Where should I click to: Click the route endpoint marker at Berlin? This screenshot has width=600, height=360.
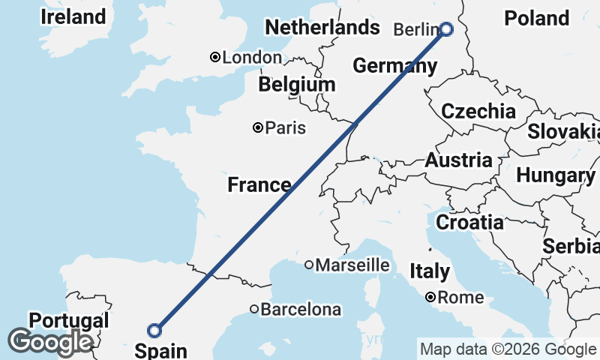(x=446, y=29)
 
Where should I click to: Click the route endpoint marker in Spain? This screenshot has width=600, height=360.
(x=154, y=330)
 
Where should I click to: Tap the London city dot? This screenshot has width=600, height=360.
(x=215, y=57)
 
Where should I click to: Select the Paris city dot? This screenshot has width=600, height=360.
(x=258, y=128)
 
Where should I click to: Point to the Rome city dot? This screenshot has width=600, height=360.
(x=430, y=298)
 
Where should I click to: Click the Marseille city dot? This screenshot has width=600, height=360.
(x=308, y=265)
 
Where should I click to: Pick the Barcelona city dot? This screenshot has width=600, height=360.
(x=254, y=309)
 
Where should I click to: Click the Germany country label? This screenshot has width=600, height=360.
(x=394, y=66)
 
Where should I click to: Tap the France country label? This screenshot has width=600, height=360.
(x=259, y=184)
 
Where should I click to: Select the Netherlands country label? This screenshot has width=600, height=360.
(x=322, y=28)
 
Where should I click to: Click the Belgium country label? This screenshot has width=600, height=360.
(x=296, y=85)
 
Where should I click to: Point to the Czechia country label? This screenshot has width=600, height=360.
(x=478, y=112)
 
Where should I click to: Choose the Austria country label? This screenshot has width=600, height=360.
(x=459, y=160)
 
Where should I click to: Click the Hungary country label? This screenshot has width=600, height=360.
(x=556, y=175)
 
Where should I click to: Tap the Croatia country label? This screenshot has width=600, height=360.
(x=469, y=222)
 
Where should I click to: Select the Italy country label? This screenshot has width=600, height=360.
(x=430, y=271)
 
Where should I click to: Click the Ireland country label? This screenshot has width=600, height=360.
(x=73, y=16)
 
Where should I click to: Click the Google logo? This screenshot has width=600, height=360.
(x=50, y=342)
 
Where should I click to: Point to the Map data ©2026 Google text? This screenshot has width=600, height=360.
(x=508, y=349)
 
